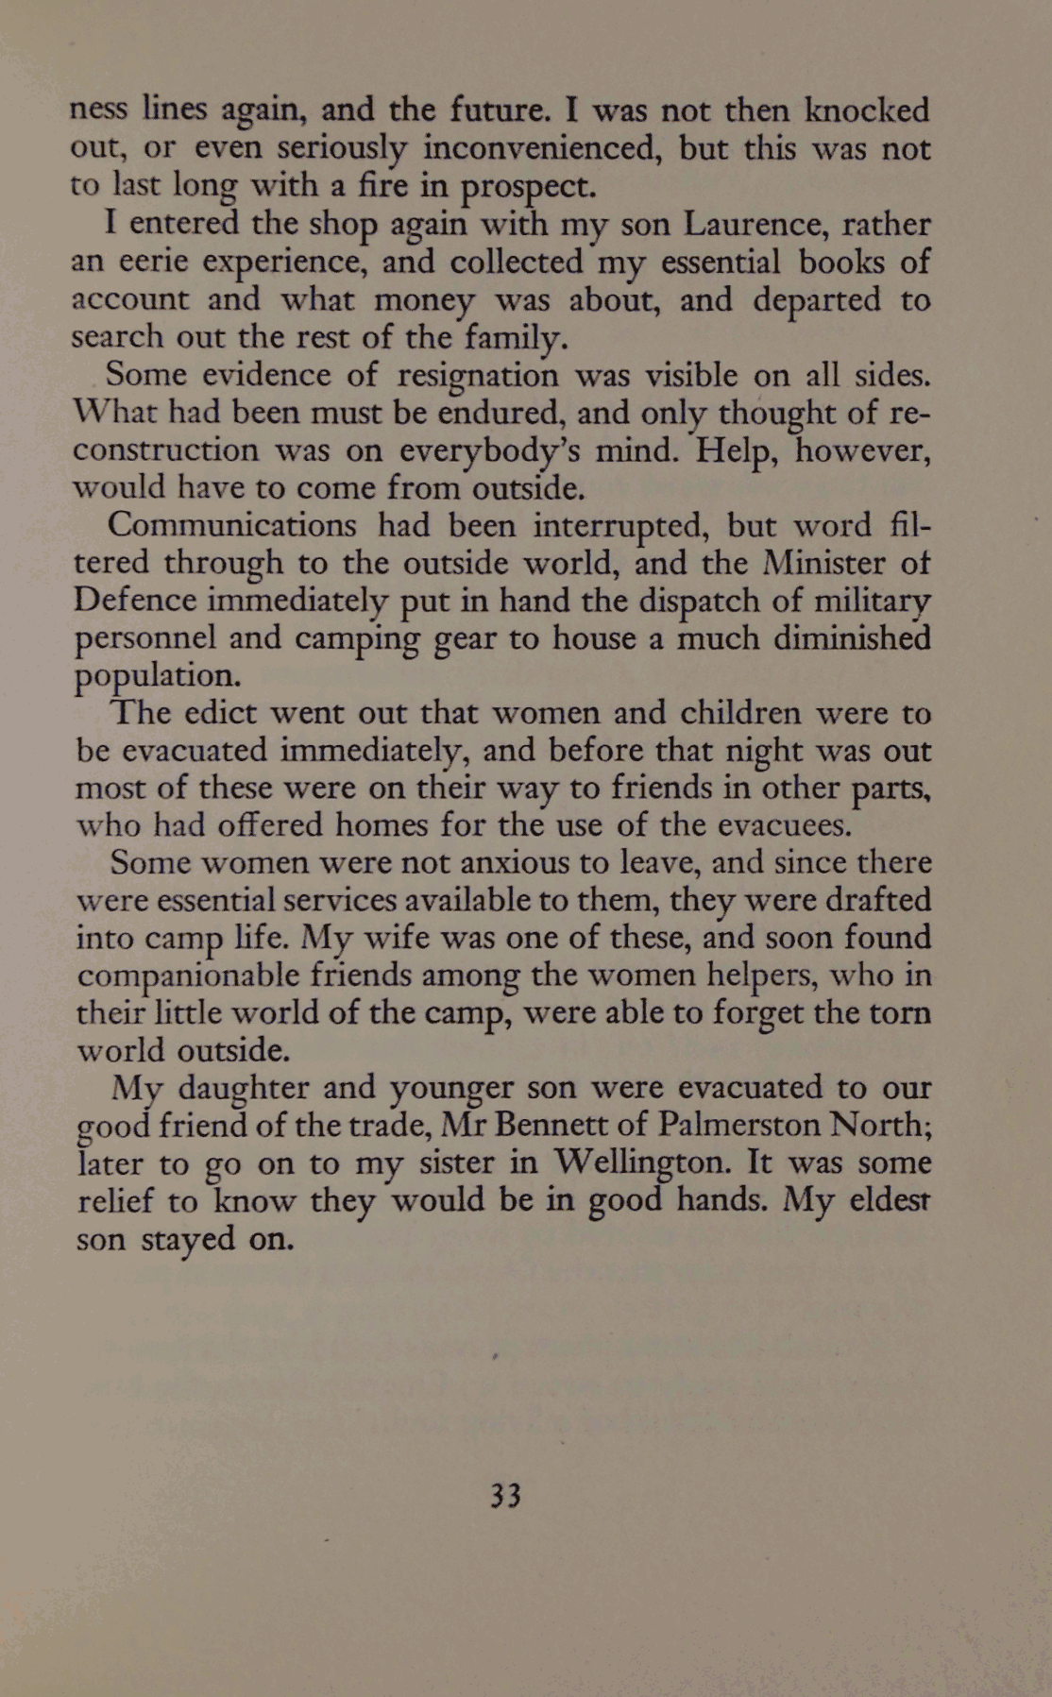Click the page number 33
click(505, 1496)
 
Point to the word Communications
click(232, 526)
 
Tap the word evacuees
click(783, 825)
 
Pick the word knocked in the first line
click(866, 111)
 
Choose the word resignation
click(478, 376)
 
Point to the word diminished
click(851, 639)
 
